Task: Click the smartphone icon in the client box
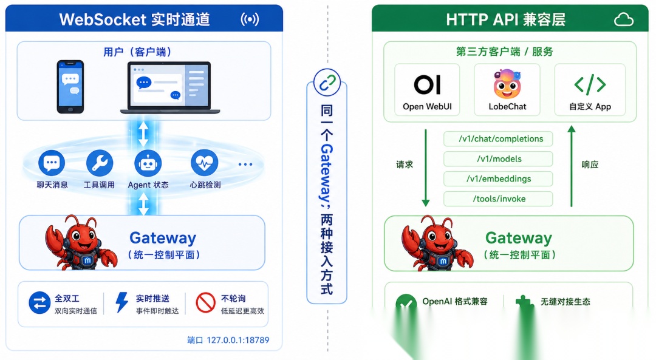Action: (70, 87)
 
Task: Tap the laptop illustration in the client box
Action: (170, 88)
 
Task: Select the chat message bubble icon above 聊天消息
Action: (52, 163)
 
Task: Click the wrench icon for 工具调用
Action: (100, 163)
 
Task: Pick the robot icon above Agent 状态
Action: (148, 163)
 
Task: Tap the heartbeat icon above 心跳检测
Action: (204, 163)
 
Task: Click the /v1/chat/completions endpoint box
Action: (498, 139)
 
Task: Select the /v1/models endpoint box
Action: (498, 159)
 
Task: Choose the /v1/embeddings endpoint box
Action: (498, 179)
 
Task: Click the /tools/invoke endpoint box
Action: (498, 199)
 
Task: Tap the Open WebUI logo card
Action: (427, 89)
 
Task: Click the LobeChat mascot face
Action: (507, 84)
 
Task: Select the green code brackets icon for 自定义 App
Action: (590, 84)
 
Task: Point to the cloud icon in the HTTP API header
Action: (623, 19)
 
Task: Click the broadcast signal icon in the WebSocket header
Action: (250, 19)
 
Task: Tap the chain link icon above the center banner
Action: (327, 83)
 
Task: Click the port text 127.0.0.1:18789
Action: (238, 340)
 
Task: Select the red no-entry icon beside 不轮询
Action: (205, 302)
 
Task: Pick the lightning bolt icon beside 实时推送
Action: (121, 302)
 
